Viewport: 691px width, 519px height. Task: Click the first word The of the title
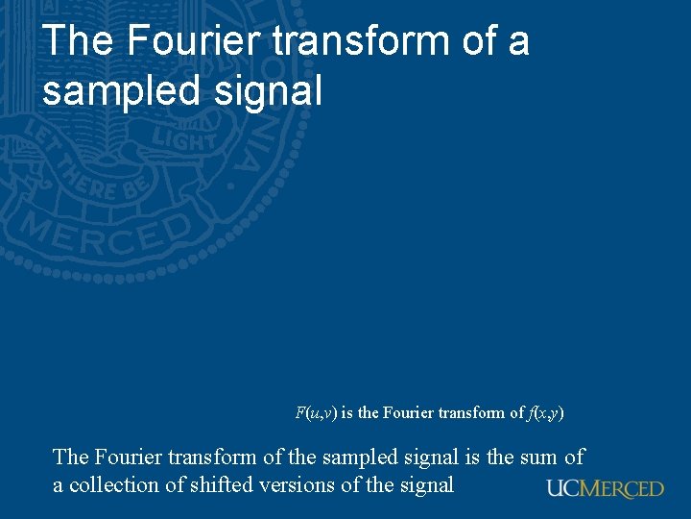(x=78, y=41)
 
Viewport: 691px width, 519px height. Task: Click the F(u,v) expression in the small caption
(x=315, y=413)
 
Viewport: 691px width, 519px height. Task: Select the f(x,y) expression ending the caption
(x=546, y=413)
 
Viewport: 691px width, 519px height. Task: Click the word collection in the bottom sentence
(x=114, y=485)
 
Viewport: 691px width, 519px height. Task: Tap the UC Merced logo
(x=605, y=488)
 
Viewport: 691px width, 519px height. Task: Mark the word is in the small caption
(x=346, y=413)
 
